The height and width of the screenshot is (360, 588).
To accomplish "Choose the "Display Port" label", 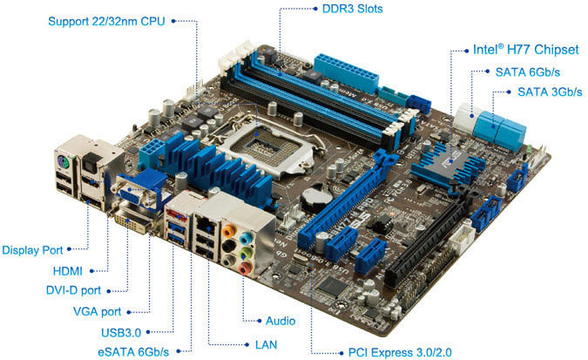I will point(32,250).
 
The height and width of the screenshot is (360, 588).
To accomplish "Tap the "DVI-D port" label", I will point(76,290).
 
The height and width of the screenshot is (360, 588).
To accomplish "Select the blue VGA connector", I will point(135,191).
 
